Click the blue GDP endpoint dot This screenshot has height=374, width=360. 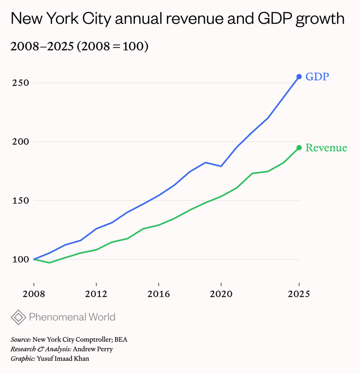click(x=299, y=77)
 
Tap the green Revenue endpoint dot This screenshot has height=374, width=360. click(x=299, y=148)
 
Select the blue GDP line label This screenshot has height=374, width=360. click(x=317, y=77)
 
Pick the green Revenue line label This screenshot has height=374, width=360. click(x=326, y=148)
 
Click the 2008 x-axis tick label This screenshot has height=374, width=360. click(x=34, y=294)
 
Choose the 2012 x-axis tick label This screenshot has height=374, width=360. click(x=96, y=294)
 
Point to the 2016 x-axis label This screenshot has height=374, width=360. click(x=159, y=294)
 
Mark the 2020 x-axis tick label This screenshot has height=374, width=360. click(x=221, y=294)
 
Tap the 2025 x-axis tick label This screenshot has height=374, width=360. click(x=299, y=294)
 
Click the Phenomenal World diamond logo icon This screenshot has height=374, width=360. click(x=18, y=317)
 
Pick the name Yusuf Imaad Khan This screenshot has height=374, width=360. click(x=63, y=359)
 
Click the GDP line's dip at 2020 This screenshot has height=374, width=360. click(x=221, y=166)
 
